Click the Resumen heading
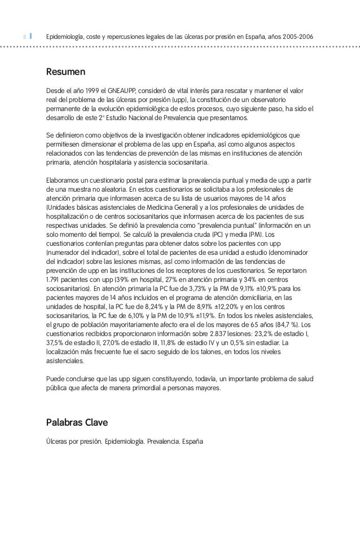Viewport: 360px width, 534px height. pos(65,72)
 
